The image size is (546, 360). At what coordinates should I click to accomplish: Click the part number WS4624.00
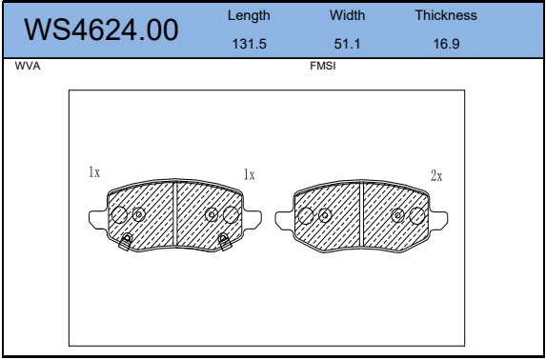(x=101, y=30)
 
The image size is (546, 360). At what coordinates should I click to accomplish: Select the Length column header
(x=249, y=15)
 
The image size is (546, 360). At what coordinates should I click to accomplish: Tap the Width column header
(x=347, y=15)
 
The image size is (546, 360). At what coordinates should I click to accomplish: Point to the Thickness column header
(x=446, y=15)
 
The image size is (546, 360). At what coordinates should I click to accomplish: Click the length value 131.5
(x=249, y=44)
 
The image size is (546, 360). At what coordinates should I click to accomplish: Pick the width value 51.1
(x=347, y=44)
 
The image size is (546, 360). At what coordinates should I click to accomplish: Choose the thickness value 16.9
(x=446, y=44)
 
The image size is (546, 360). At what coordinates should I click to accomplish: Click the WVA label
(x=28, y=66)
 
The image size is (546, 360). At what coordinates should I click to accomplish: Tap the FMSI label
(x=323, y=66)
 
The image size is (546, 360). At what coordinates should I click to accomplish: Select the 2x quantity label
(x=436, y=176)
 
